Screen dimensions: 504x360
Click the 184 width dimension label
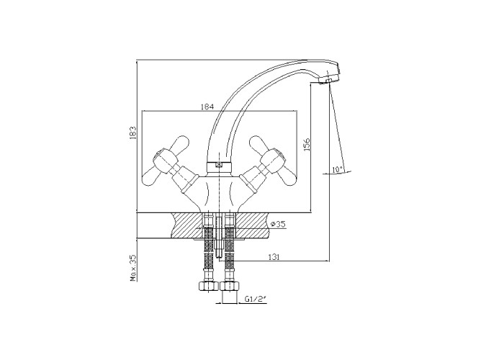207,107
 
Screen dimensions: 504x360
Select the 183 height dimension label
133,132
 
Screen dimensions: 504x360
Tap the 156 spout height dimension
307,145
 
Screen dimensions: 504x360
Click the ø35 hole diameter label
279,224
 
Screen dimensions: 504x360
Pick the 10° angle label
338,169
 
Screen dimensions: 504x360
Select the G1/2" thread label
256,300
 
